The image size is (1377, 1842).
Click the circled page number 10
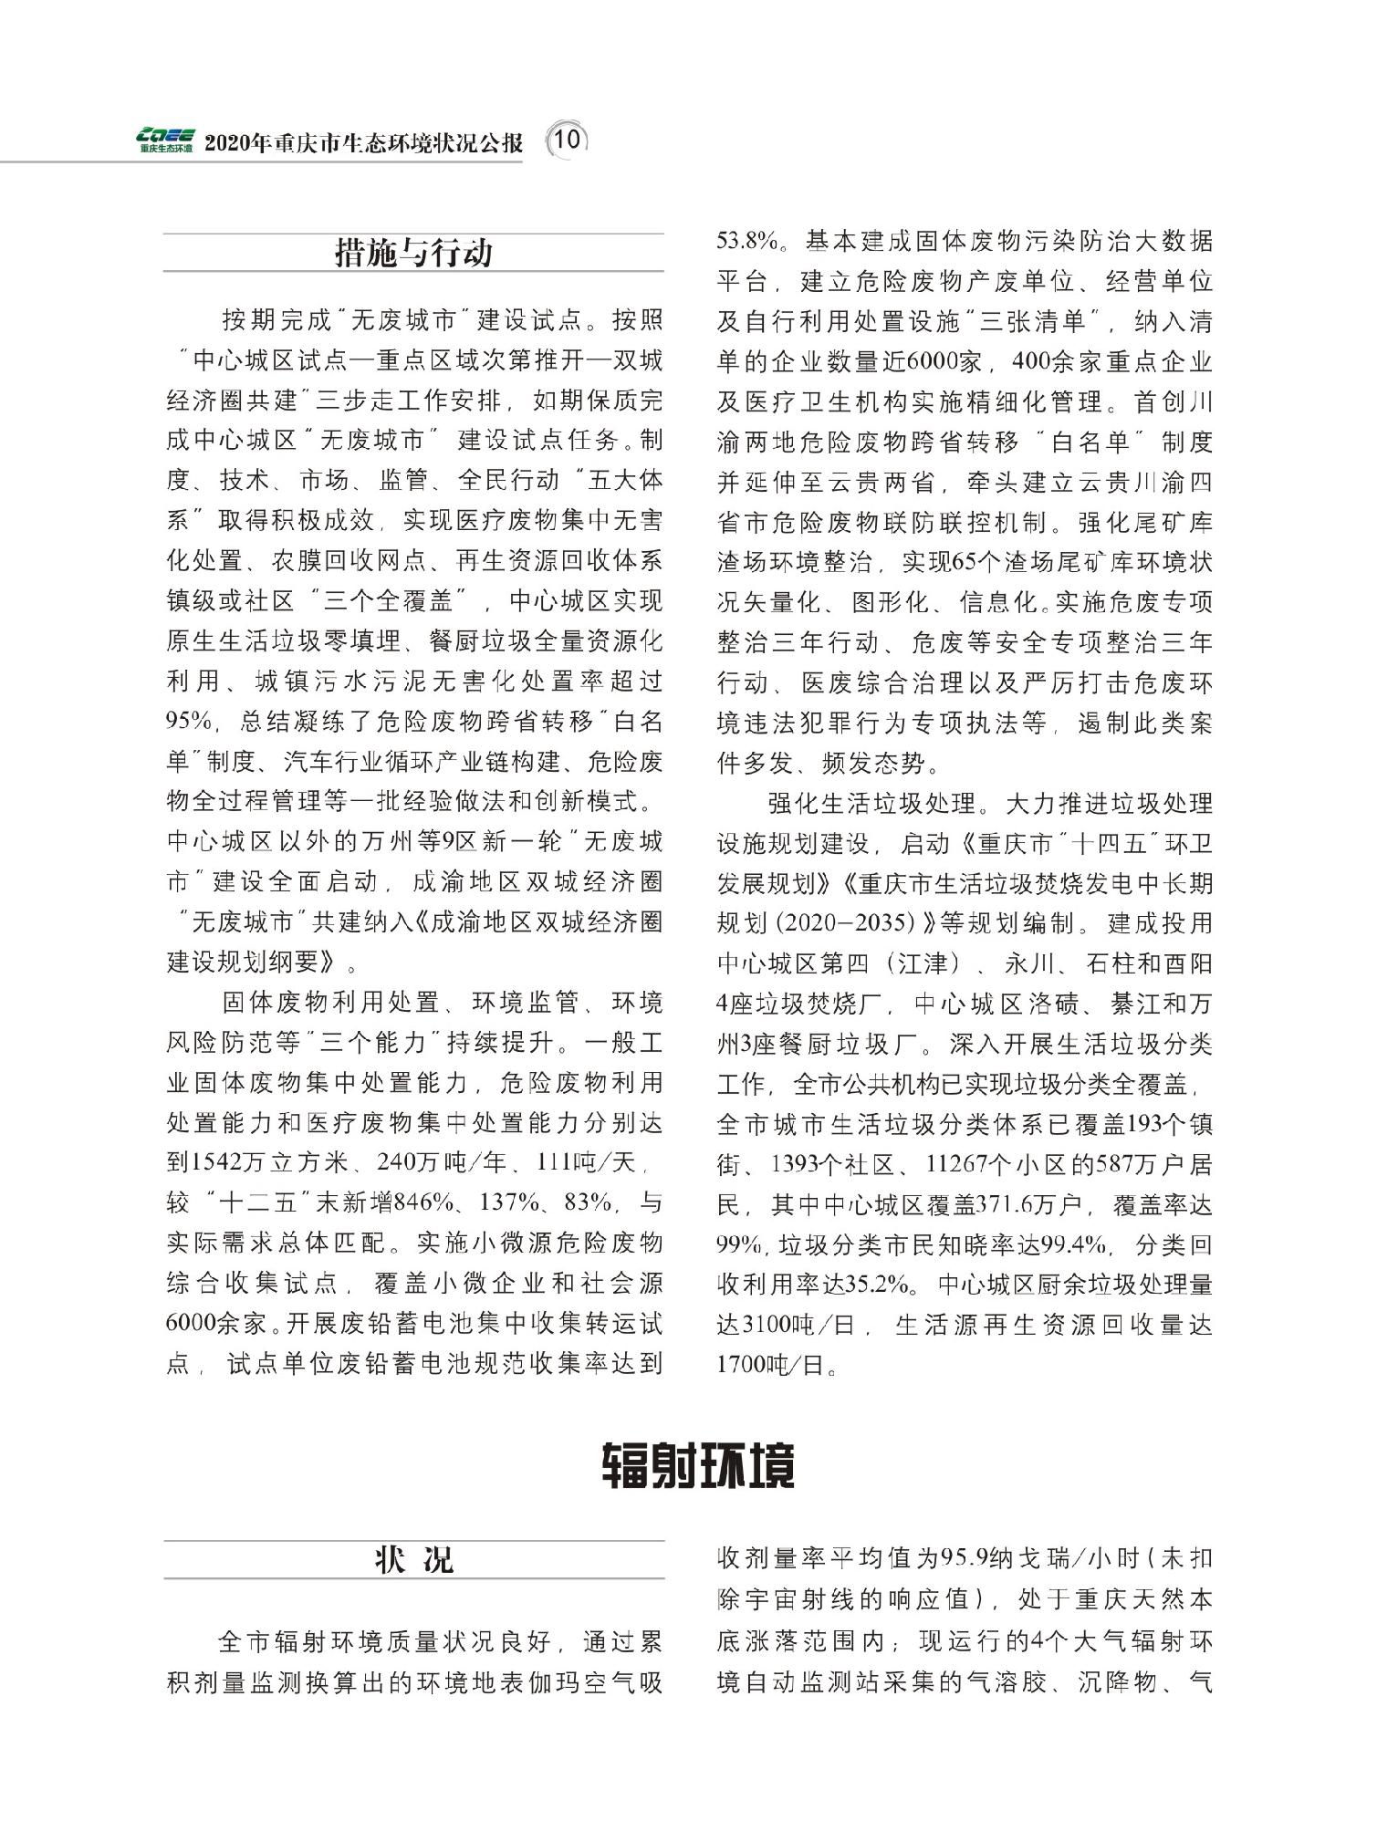tap(566, 140)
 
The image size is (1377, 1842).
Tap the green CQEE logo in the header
tap(165, 139)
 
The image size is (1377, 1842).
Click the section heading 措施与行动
tap(413, 253)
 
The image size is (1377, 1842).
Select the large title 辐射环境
tap(698, 1466)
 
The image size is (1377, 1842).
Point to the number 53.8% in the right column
tap(747, 242)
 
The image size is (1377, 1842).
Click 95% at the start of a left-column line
tap(189, 723)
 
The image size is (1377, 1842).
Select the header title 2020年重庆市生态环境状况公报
tap(364, 143)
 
